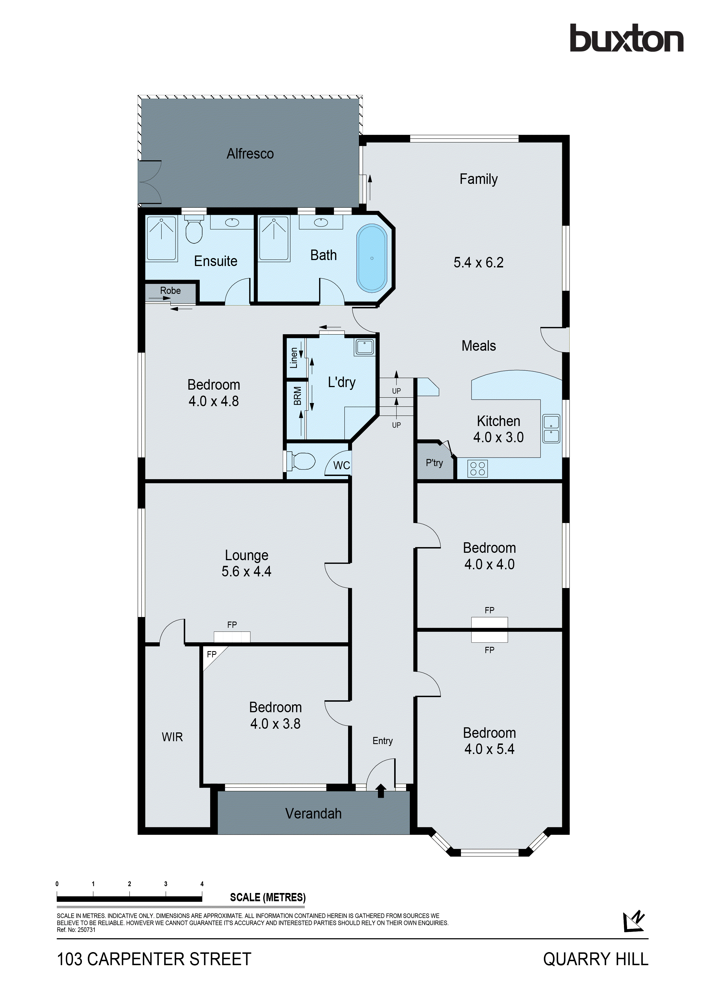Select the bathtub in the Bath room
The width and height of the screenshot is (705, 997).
coord(371,258)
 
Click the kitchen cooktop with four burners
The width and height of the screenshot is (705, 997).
coord(477,469)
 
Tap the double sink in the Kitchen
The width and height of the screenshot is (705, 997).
coord(551,429)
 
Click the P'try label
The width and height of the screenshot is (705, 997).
coord(434,463)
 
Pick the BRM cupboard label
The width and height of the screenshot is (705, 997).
coord(297,396)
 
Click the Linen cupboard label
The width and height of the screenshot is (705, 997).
coord(294,358)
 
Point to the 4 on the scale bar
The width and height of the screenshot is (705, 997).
coord(202,884)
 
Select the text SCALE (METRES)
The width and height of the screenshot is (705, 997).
coord(268,897)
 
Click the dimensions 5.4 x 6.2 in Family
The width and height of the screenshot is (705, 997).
coord(478,262)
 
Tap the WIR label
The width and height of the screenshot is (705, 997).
coord(172,737)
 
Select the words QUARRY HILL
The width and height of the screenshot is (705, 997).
coord(595,959)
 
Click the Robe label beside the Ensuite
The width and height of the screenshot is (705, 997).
coord(170,290)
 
